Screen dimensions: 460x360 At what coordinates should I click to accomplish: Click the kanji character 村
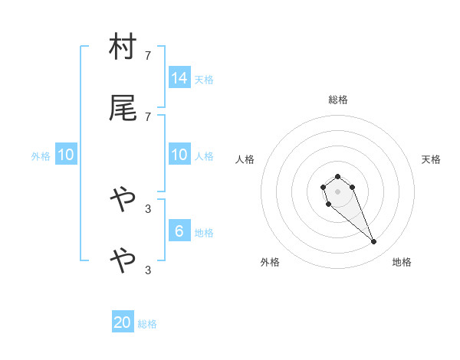pyautogui.click(x=122, y=47)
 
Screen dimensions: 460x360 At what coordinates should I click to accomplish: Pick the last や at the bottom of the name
pyautogui.click(x=122, y=261)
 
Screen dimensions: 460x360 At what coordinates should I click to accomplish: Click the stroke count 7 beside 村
pyautogui.click(x=148, y=55)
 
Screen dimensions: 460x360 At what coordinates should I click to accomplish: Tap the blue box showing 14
pyautogui.click(x=179, y=78)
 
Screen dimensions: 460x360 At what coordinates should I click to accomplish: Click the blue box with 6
pyautogui.click(x=179, y=231)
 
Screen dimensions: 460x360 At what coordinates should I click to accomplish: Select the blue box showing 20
pyautogui.click(x=123, y=322)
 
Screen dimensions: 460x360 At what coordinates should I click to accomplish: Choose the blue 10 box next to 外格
pyautogui.click(x=66, y=155)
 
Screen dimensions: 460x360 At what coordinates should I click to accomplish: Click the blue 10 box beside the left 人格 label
pyautogui.click(x=179, y=155)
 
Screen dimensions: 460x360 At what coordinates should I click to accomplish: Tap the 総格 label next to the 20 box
pyautogui.click(x=147, y=324)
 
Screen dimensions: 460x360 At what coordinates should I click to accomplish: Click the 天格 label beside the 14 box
pyautogui.click(x=204, y=80)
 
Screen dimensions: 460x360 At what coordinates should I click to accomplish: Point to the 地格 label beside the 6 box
pyautogui.click(x=204, y=233)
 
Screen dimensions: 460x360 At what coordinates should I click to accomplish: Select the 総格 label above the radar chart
pyautogui.click(x=338, y=100)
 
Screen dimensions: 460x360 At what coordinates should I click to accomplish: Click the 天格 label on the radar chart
pyautogui.click(x=432, y=159)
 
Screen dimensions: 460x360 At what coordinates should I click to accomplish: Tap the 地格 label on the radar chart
pyautogui.click(x=402, y=263)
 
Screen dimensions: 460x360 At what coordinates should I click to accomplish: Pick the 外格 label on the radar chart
pyautogui.click(x=270, y=263)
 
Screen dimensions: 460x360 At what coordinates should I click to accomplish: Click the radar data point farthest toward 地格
pyautogui.click(x=374, y=242)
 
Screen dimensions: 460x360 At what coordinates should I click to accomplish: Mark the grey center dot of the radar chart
pyautogui.click(x=337, y=191)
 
